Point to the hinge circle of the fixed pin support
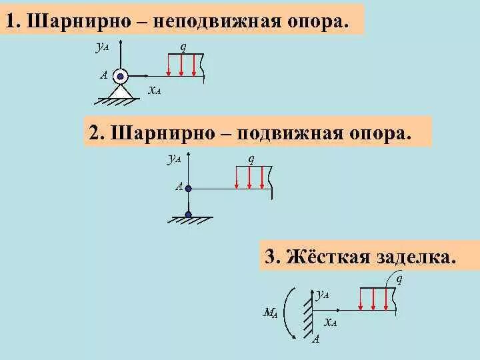pyautogui.click(x=120, y=75)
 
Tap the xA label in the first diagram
pyautogui.click(x=153, y=90)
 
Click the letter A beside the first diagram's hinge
pyautogui.click(x=104, y=75)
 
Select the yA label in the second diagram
pyautogui.click(x=175, y=159)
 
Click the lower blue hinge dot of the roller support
pyautogui.click(x=189, y=215)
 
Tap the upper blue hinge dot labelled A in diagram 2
pyautogui.click(x=189, y=189)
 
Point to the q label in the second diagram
pyautogui.click(x=251, y=159)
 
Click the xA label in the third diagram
pyautogui.click(x=330, y=323)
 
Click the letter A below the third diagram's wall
pyautogui.click(x=316, y=339)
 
